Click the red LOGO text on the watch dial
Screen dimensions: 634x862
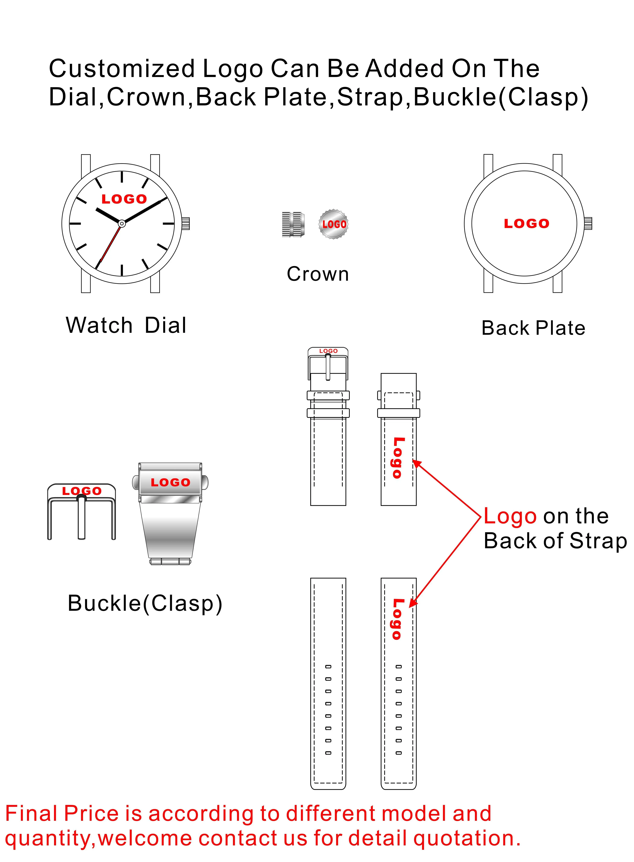tap(124, 199)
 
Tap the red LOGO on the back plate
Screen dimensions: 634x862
tap(527, 224)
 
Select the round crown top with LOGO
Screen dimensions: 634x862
tap(333, 224)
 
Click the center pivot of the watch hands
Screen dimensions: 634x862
tap(122, 223)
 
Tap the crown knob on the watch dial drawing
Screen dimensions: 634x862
tap(186, 223)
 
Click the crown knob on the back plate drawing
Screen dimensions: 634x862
tap(588, 223)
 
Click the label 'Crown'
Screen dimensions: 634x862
tap(318, 274)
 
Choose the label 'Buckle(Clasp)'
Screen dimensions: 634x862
tap(145, 603)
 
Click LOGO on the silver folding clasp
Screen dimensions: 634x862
tap(170, 482)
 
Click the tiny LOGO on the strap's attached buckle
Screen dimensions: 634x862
tap(328, 351)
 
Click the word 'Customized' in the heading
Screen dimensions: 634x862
tap(122, 69)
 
